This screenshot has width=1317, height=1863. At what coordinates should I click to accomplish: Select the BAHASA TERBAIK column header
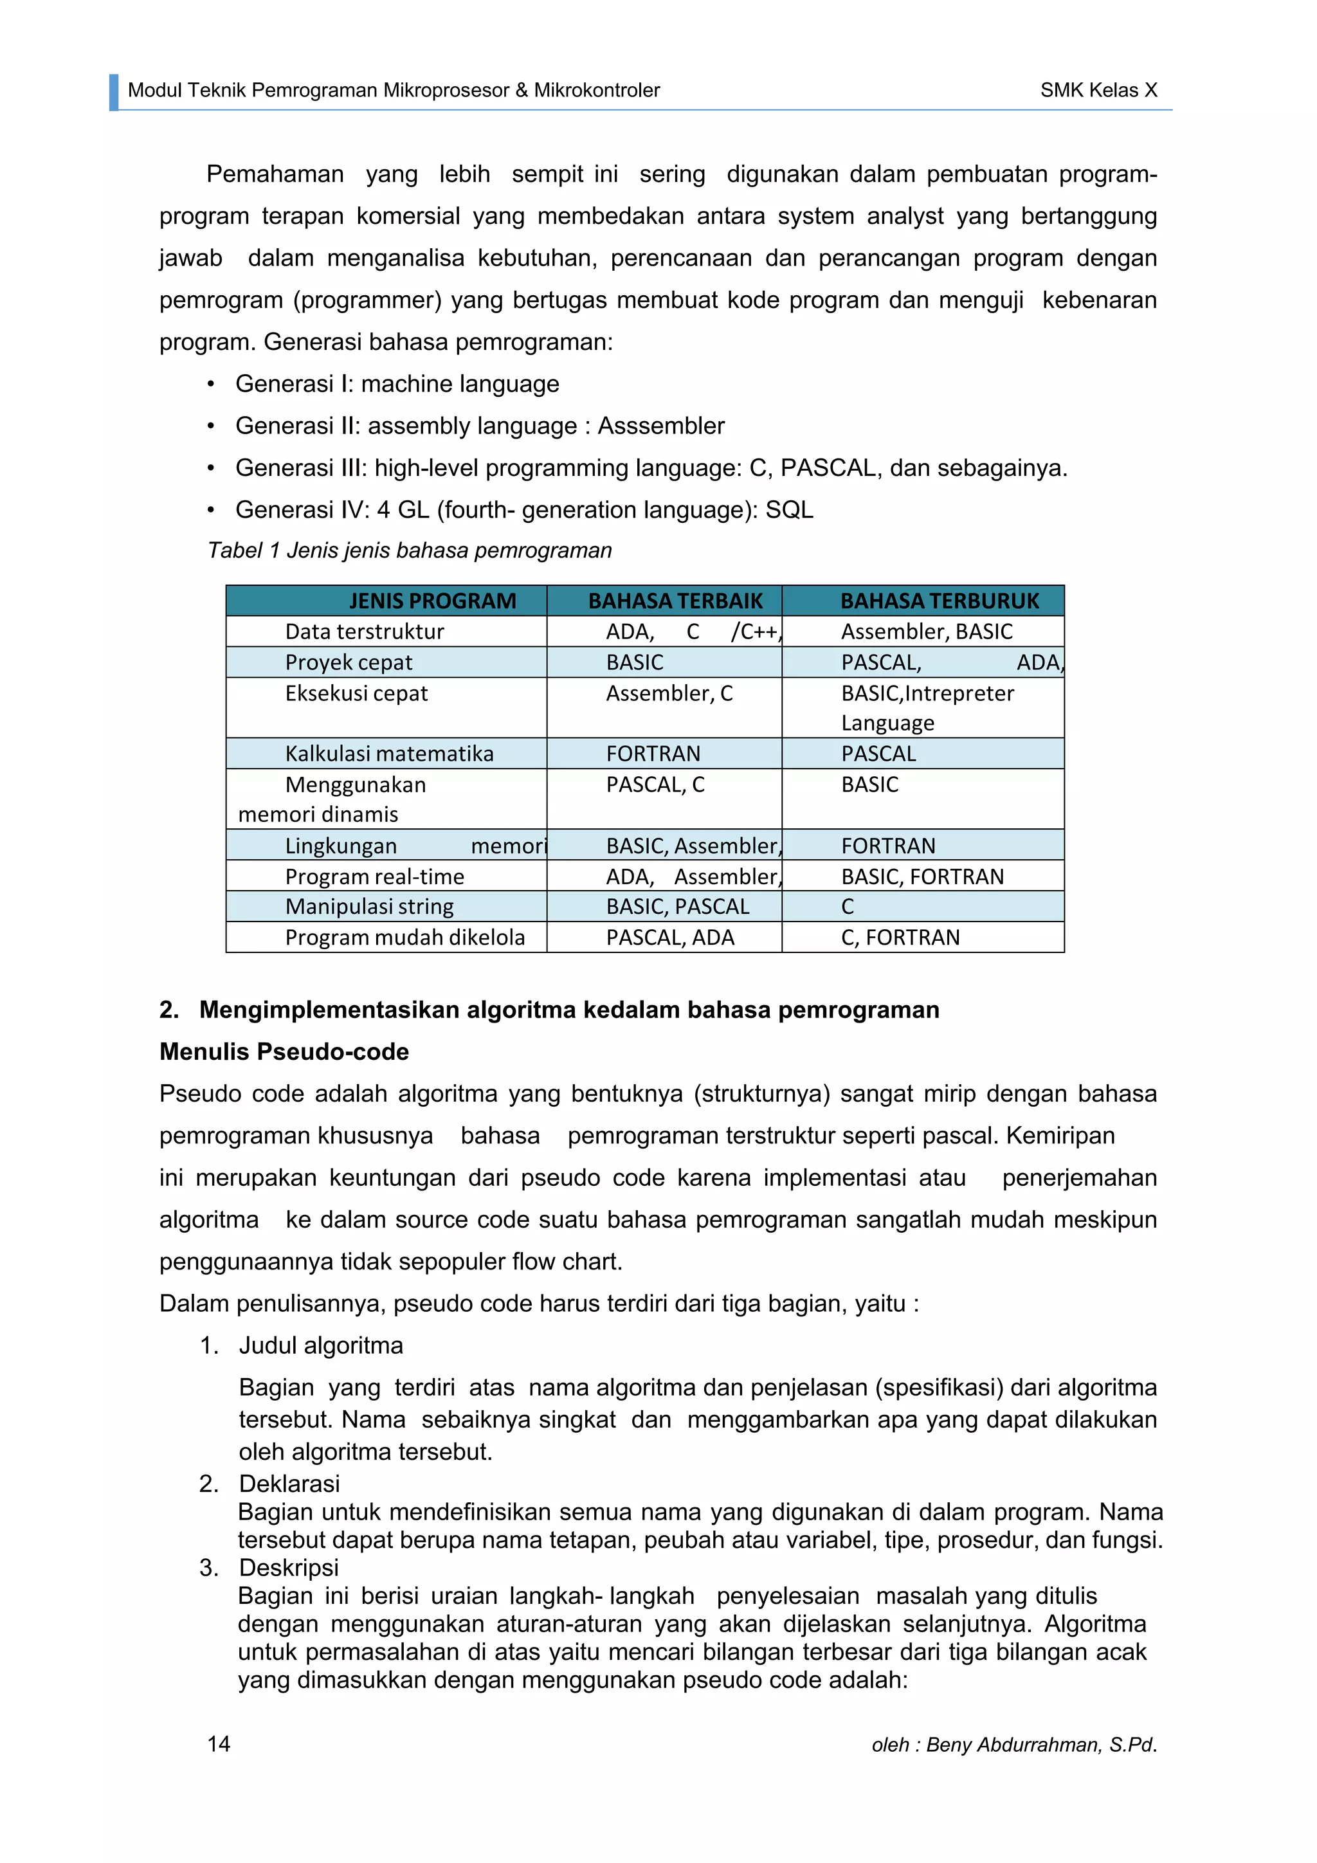coord(675,601)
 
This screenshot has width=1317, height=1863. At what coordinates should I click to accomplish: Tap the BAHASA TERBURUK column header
coord(939,601)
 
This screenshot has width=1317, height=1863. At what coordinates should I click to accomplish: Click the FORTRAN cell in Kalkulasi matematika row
coord(653,754)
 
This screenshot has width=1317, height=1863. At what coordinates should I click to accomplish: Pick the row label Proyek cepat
coord(348,662)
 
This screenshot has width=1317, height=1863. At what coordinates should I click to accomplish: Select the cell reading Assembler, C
coord(669,693)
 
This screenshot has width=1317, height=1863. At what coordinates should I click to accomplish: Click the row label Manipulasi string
coord(369,906)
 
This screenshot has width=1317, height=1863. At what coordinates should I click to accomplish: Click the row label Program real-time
coord(374,877)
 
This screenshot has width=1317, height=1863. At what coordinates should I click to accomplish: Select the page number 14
coord(218,1744)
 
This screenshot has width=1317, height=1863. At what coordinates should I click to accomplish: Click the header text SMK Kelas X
coord(1099,90)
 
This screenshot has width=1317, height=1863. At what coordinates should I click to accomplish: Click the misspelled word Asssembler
coord(660,426)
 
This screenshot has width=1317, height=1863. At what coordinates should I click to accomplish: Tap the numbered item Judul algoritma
coord(320,1345)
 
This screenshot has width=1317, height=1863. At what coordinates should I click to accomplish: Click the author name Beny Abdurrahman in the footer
coord(1013,1745)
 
